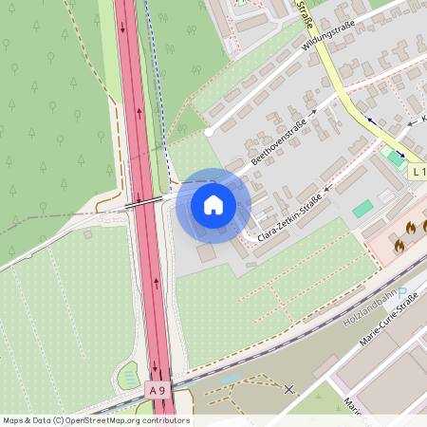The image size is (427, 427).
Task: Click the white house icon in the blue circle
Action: (213, 204)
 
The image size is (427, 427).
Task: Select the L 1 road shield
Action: (418, 172)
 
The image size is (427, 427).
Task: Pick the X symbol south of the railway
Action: (289, 388)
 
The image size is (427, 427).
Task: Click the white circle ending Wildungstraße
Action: (209, 131)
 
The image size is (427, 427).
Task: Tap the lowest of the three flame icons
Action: (399, 245)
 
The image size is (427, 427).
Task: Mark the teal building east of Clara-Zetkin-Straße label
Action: (362, 209)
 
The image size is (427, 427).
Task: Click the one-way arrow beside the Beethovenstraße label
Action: (313, 112)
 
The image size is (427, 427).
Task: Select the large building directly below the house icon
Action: (207, 253)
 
